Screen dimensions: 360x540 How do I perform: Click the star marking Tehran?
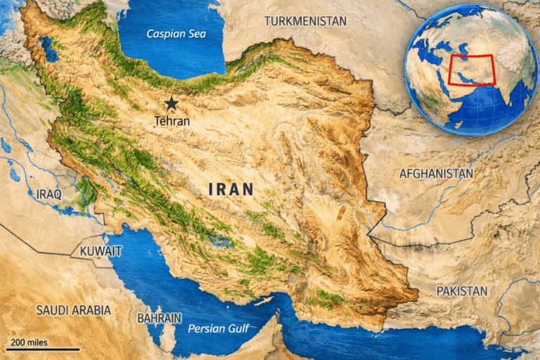(171, 103)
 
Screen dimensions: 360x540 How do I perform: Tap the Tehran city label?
(172, 120)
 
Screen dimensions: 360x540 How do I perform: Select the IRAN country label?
(231, 189)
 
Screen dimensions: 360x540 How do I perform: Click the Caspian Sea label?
(171, 34)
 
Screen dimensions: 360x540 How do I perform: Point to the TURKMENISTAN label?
(305, 21)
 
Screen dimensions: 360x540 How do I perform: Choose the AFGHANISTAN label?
(436, 173)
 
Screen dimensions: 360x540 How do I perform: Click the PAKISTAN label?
(461, 290)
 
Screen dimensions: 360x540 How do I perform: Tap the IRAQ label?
(49, 193)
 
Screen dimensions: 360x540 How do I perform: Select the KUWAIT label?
(101, 251)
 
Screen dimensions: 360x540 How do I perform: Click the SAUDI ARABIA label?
(73, 309)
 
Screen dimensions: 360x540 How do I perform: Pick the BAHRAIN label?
(160, 318)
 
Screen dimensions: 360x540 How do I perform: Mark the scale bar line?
(42, 349)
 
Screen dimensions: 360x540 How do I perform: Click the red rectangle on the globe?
(471, 70)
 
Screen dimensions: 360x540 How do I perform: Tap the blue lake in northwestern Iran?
(49, 49)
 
